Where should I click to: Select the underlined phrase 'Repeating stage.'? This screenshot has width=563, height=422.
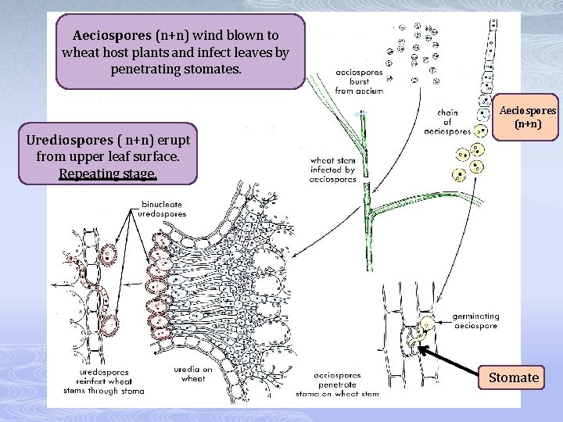[108, 173]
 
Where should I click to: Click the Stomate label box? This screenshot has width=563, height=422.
[514, 377]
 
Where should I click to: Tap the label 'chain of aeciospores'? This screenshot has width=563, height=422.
[447, 121]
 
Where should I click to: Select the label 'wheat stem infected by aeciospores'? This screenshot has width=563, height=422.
[333, 169]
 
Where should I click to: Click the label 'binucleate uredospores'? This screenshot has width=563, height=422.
[162, 209]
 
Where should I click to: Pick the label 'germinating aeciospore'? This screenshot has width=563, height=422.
[475, 321]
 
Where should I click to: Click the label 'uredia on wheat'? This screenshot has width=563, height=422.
[196, 374]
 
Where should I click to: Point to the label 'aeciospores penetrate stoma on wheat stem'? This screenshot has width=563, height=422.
[346, 384]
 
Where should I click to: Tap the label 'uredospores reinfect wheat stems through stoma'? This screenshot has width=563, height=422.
[102, 381]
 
